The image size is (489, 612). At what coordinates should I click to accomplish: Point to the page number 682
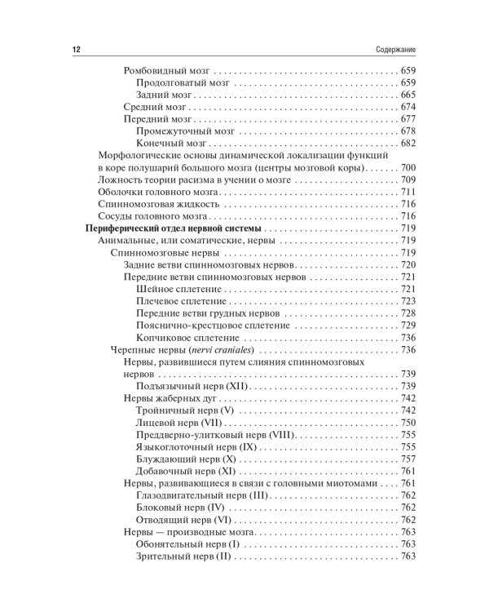pos(408,144)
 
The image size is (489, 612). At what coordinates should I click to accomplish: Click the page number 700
pos(408,167)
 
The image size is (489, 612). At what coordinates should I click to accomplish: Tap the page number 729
pos(408,326)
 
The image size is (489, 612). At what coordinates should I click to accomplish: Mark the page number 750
pos(408,422)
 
